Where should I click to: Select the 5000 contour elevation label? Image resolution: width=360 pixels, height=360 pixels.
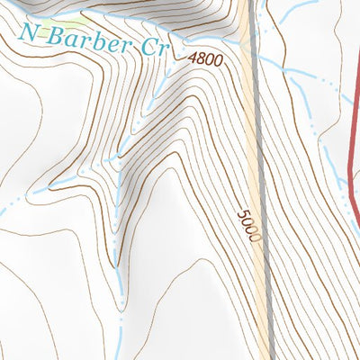249,227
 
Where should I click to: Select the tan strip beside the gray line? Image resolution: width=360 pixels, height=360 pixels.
251,135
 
